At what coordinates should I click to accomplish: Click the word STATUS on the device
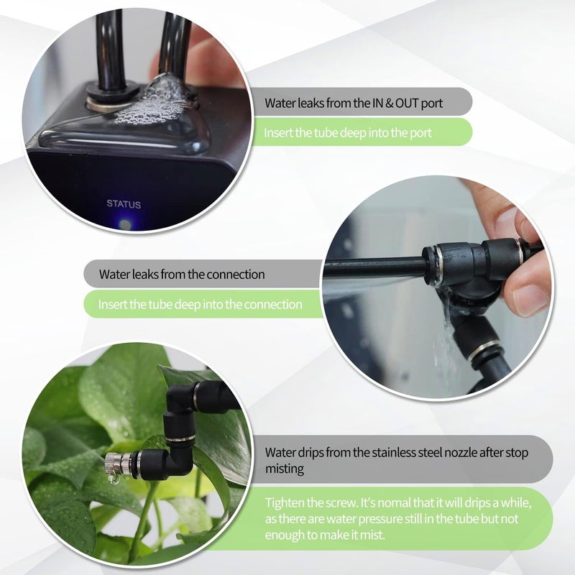click(x=124, y=203)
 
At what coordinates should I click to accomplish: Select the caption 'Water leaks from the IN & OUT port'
click(x=353, y=103)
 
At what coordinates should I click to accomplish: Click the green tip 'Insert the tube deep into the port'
click(x=347, y=132)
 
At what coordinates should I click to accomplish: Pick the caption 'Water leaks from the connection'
click(x=182, y=275)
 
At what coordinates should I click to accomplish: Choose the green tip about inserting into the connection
click(x=200, y=304)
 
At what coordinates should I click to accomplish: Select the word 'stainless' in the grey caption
click(x=395, y=452)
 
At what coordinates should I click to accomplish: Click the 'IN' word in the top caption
click(x=377, y=103)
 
